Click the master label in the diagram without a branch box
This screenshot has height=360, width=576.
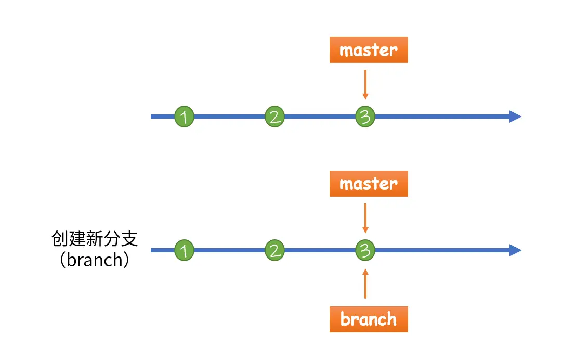(x=368, y=50)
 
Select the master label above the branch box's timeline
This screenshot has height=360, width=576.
(x=368, y=184)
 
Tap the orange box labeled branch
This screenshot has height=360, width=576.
(x=368, y=319)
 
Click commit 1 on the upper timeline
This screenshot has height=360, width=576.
(x=184, y=117)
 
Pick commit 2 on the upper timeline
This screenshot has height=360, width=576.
(x=274, y=117)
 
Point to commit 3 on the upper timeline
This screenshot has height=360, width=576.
(x=365, y=117)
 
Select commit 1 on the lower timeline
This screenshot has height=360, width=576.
(x=184, y=251)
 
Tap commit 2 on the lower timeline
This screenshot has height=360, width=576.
(x=274, y=251)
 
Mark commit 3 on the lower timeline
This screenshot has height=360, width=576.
(x=365, y=251)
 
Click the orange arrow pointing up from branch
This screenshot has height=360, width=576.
(x=365, y=284)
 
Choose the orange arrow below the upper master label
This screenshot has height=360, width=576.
(x=365, y=84)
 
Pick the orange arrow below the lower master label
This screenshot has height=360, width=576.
(x=365, y=218)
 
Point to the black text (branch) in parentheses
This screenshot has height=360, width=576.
(x=94, y=260)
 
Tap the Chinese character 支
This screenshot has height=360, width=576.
(x=129, y=239)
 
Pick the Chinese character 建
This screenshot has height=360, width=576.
(x=77, y=239)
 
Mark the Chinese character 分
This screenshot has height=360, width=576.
(x=112, y=239)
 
